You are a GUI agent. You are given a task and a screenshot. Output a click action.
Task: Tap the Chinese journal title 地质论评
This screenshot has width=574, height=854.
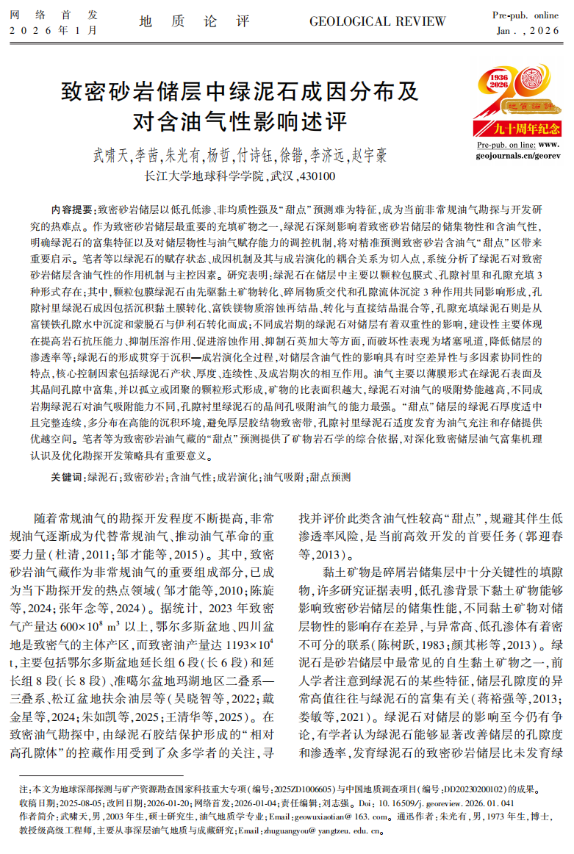[194, 21]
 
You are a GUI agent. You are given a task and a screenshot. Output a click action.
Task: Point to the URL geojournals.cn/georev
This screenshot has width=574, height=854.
[518, 156]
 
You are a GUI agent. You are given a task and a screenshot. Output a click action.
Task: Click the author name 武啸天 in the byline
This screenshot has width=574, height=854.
[109, 156]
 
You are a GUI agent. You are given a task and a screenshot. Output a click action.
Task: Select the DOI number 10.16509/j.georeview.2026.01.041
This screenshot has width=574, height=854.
[452, 802]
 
